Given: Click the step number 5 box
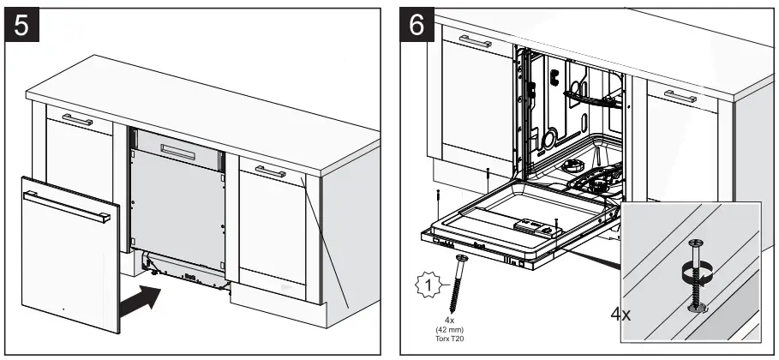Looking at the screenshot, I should coord(27,27).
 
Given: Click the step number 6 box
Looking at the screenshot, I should coord(416,27).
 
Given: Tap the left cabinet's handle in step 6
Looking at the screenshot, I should coord(475,41).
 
